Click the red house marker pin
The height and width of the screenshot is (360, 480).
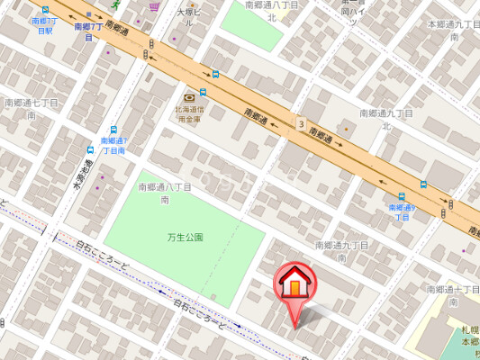click(x=294, y=286)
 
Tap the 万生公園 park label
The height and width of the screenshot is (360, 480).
click(x=185, y=238)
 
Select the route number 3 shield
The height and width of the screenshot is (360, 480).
click(x=300, y=122)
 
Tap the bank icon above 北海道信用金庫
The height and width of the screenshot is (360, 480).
click(x=189, y=96)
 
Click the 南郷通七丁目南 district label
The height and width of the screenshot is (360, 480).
click(x=31, y=109)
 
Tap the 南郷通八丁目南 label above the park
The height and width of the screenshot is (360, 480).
click(x=165, y=193)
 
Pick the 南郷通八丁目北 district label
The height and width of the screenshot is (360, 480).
click(x=272, y=10)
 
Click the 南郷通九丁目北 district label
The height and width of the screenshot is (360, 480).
click(x=386, y=119)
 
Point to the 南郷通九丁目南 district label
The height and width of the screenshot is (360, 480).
click(x=343, y=250)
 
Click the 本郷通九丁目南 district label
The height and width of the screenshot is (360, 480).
click(x=454, y=32)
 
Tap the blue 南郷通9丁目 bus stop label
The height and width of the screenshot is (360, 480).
click(x=402, y=211)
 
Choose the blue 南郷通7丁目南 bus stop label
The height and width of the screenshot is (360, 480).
click(x=114, y=145)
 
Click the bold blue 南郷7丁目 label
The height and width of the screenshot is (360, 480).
click(x=89, y=31)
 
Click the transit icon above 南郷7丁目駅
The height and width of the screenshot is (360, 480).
click(x=45, y=9)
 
